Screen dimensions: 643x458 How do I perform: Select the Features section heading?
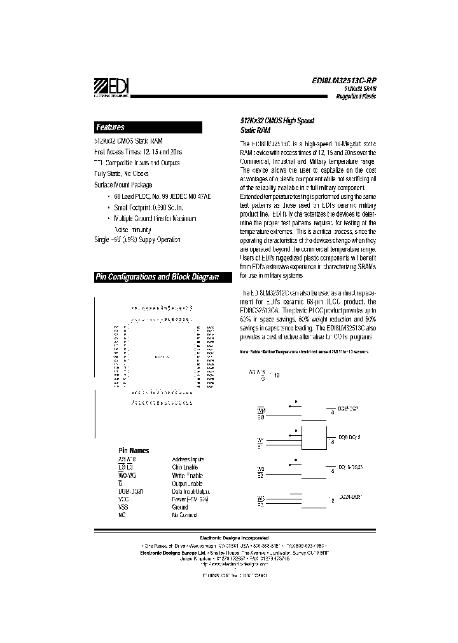(110, 127)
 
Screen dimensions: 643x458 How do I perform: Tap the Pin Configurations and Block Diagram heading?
(156, 277)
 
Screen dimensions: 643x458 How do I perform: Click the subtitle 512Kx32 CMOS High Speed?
(268, 120)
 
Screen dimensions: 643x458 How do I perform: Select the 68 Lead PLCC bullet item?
(160, 197)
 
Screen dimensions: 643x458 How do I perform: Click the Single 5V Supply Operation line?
(137, 240)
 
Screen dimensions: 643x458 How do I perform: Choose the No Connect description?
(186, 515)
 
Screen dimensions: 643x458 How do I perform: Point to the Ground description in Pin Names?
(180, 507)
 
